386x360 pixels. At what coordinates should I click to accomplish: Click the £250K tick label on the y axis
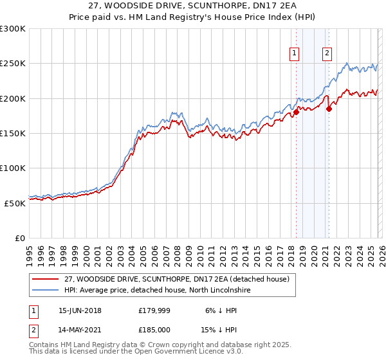coord(13,64)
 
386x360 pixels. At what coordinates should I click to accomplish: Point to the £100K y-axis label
coord(13,168)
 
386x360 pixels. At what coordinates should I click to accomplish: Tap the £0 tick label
coord(19,238)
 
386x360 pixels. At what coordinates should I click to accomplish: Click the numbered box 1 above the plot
coord(294,53)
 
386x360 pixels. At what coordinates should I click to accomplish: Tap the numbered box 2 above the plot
coord(327,53)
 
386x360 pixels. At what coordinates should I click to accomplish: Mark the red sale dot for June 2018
coord(296,112)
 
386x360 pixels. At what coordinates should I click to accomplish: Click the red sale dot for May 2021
coord(329,109)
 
